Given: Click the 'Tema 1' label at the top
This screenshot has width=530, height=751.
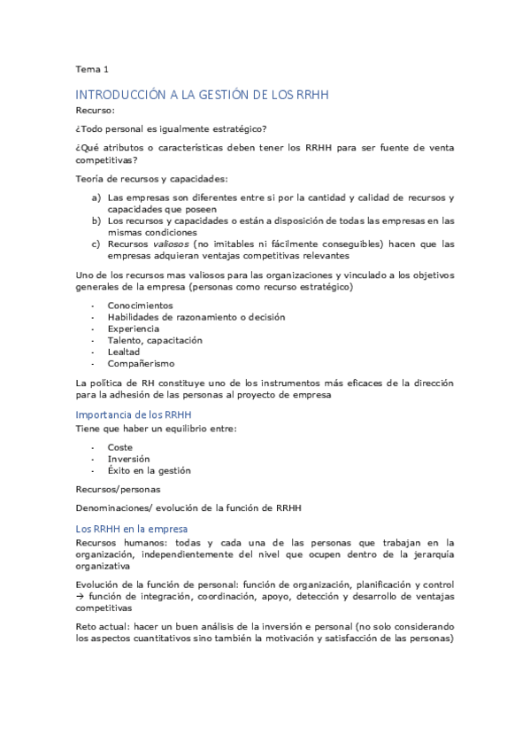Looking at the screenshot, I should pyautogui.click(x=91, y=68).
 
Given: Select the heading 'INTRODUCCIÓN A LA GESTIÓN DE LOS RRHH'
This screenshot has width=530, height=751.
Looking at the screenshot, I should pyautogui.click(x=202, y=95).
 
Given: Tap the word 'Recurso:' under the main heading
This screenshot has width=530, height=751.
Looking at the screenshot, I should pyautogui.click(x=95, y=112).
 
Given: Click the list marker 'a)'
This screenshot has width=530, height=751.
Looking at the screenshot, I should pyautogui.click(x=96, y=197).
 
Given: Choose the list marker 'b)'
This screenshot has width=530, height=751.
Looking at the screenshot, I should pyautogui.click(x=96, y=221).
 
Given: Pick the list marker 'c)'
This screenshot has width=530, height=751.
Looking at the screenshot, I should pyautogui.click(x=96, y=244).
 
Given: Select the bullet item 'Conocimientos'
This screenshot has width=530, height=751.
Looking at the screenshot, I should pyautogui.click(x=140, y=306).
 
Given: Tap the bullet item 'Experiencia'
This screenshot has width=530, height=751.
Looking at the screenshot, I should pyautogui.click(x=134, y=329).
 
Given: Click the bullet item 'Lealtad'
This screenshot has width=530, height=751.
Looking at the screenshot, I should pyautogui.click(x=125, y=352).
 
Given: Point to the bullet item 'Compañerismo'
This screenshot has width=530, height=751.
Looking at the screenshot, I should pyautogui.click(x=141, y=363).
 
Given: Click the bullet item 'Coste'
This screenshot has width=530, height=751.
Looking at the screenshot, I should pyautogui.click(x=120, y=448).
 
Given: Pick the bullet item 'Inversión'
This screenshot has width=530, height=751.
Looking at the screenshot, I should pyautogui.click(x=128, y=460).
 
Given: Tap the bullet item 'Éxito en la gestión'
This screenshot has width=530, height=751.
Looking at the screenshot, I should pyautogui.click(x=149, y=471).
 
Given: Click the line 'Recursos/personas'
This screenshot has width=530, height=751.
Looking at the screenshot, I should pyautogui.click(x=118, y=489).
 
